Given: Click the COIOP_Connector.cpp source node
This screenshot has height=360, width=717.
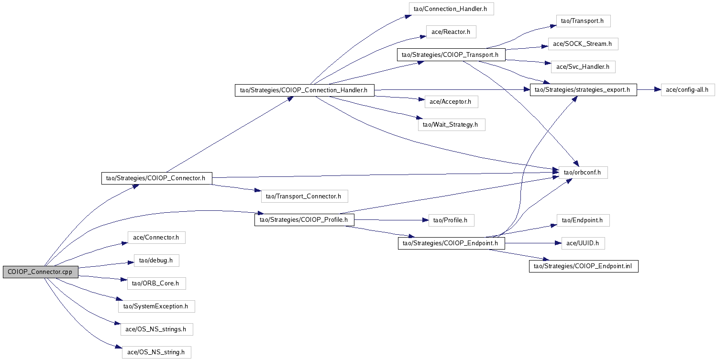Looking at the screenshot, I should pos(40,272).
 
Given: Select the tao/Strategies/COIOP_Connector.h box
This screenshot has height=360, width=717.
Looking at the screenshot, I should pos(156,178).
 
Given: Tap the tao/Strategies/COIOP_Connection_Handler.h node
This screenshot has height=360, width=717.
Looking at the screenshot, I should pos(304,90).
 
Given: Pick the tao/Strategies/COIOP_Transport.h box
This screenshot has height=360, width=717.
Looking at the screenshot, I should pos(451,55).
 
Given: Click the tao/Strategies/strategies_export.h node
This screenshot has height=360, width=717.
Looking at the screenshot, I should pos(583,90).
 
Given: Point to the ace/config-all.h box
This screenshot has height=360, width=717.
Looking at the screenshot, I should pos(688,90).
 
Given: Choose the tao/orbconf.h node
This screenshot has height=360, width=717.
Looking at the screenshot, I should pos(583,172).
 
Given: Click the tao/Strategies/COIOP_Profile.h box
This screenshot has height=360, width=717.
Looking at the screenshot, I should pos(304,220).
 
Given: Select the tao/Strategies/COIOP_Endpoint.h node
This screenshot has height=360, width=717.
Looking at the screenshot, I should pos(452,243).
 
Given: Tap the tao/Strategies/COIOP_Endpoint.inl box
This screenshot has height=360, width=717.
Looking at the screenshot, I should pos(583,266).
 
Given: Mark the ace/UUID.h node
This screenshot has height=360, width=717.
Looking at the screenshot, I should pos(583,243).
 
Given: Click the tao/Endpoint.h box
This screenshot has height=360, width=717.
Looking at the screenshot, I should pos(583,220).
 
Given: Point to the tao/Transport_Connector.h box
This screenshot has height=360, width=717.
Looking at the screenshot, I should pos(304,196).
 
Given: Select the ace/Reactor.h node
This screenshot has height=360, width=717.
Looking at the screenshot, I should pos(451,32).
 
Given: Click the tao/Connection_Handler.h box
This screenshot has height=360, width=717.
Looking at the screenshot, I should pos(451,9).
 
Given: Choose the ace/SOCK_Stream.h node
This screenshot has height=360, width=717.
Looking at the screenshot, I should pos(583,44).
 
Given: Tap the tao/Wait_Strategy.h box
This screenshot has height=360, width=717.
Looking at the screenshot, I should pos(451,125).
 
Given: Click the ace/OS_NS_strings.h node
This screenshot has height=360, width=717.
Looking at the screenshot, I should pos(156,329).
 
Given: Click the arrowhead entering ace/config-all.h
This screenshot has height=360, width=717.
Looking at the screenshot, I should pos(658,90).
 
